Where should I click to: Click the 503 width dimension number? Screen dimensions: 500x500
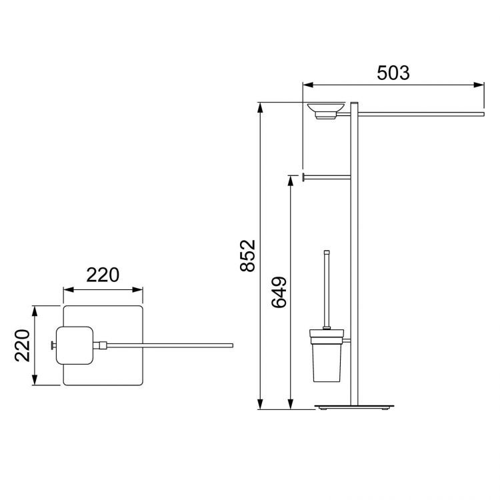(x=393, y=73)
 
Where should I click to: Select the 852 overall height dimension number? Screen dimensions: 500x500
(x=248, y=255)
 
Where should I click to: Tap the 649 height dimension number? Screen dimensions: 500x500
(x=279, y=293)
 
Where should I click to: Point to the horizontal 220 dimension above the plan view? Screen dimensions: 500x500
(x=103, y=275)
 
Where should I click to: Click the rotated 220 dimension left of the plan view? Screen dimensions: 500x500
(x=23, y=345)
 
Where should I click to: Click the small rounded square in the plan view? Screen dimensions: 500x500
(x=75, y=345)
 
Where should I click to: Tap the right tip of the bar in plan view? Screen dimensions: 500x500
(x=231, y=345)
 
